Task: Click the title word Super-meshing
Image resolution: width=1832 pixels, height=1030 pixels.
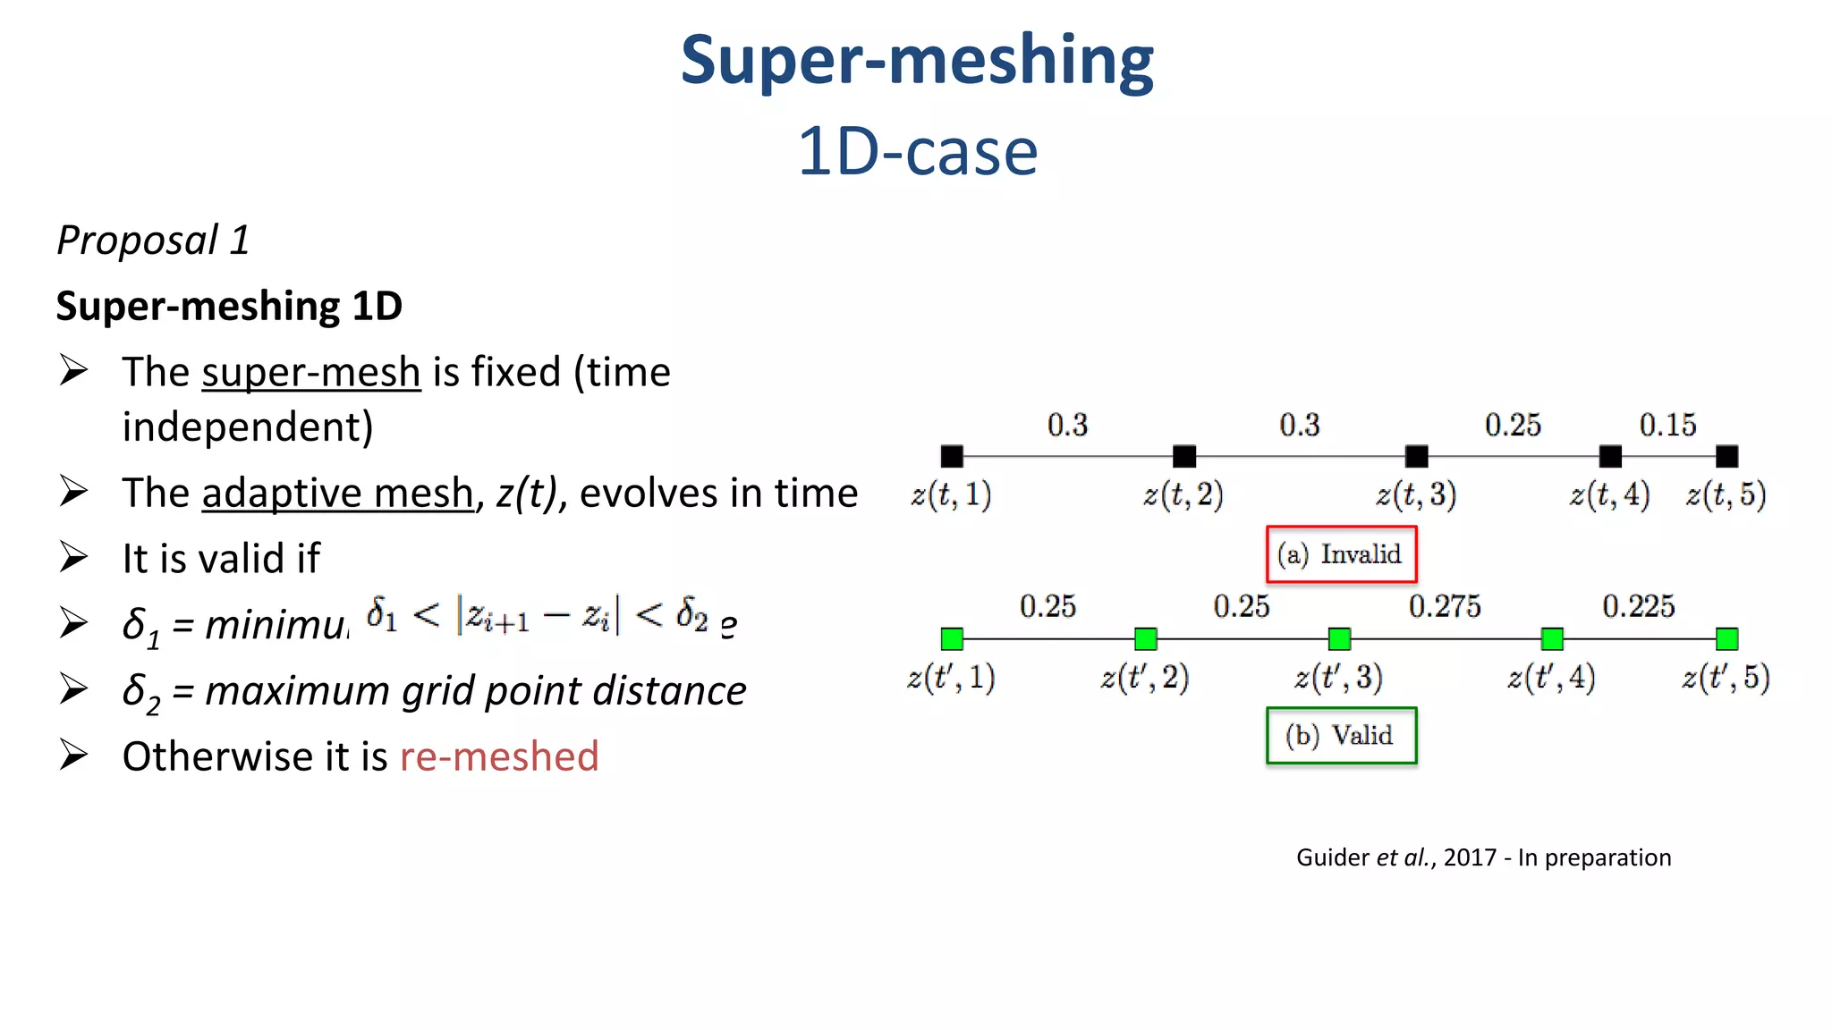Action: click(x=917, y=61)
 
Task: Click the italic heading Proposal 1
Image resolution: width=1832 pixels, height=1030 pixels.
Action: click(x=153, y=241)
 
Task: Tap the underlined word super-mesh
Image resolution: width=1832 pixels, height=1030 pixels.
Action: click(x=310, y=373)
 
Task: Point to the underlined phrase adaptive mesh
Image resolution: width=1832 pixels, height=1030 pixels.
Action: click(x=337, y=494)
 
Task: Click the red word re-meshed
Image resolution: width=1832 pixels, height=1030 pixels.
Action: click(x=498, y=756)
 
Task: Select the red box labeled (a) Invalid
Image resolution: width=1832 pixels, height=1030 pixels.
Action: click(x=1341, y=554)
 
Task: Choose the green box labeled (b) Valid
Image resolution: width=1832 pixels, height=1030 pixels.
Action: click(x=1341, y=736)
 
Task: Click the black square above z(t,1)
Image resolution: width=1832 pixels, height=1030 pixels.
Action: click(x=952, y=457)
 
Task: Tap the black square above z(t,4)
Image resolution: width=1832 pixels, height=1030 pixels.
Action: click(x=1610, y=457)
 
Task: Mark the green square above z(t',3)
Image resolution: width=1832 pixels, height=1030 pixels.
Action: click(x=1339, y=638)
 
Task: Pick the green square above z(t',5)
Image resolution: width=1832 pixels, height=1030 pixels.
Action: click(x=1726, y=638)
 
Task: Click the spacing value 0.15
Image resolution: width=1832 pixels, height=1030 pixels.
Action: click(x=1667, y=425)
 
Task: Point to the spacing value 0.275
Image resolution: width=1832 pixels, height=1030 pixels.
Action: click(x=1444, y=607)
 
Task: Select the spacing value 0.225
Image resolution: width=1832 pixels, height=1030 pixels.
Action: click(x=1638, y=607)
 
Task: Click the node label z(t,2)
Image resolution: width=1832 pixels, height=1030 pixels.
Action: click(x=1183, y=494)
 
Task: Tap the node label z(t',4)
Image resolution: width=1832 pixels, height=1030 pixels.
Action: click(x=1550, y=678)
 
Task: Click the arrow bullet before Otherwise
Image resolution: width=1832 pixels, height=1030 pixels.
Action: click(x=73, y=756)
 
